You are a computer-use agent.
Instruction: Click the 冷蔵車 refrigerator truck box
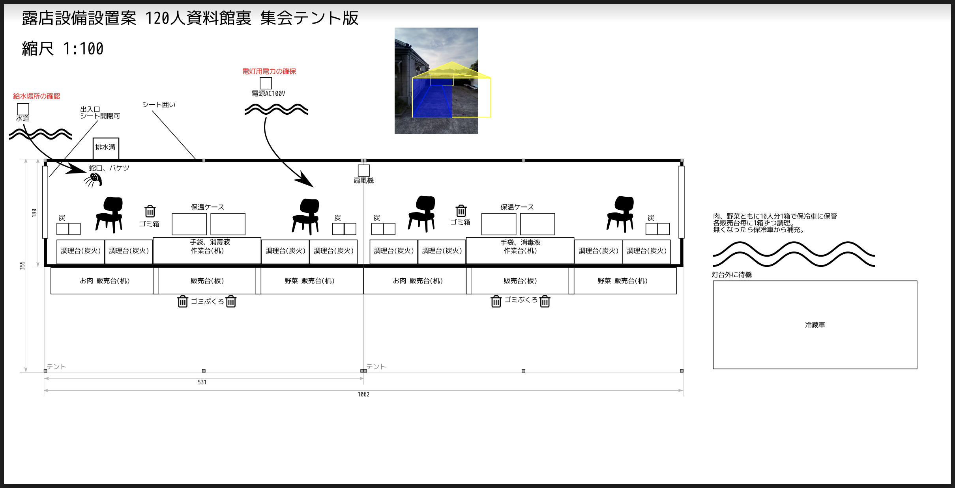[x=815, y=324]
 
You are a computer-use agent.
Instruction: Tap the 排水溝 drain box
[x=105, y=148]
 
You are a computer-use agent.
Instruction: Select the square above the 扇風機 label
[x=363, y=170]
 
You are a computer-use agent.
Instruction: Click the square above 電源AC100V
[x=266, y=83]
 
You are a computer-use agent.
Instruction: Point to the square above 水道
[x=23, y=109]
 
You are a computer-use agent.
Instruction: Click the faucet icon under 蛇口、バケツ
[x=94, y=180]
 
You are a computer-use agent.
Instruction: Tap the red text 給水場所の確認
[x=36, y=96]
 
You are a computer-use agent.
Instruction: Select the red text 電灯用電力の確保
[x=269, y=71]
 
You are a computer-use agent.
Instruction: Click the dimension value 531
[x=202, y=382]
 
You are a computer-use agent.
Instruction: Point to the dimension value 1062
[x=363, y=394]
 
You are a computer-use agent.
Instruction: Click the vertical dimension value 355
[x=22, y=265]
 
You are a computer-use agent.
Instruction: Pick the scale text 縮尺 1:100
[x=62, y=49]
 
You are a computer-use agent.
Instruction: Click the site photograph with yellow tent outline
[x=436, y=81]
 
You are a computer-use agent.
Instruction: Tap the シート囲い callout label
[x=159, y=104]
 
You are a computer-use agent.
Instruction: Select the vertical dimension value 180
[x=34, y=212]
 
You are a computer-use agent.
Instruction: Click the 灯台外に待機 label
[x=731, y=275]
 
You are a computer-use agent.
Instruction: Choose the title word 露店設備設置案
[x=79, y=18]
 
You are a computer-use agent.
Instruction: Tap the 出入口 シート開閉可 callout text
[x=99, y=112]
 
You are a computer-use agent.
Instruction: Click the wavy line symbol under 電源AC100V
[x=276, y=109]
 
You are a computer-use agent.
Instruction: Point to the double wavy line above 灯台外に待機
[x=793, y=254]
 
